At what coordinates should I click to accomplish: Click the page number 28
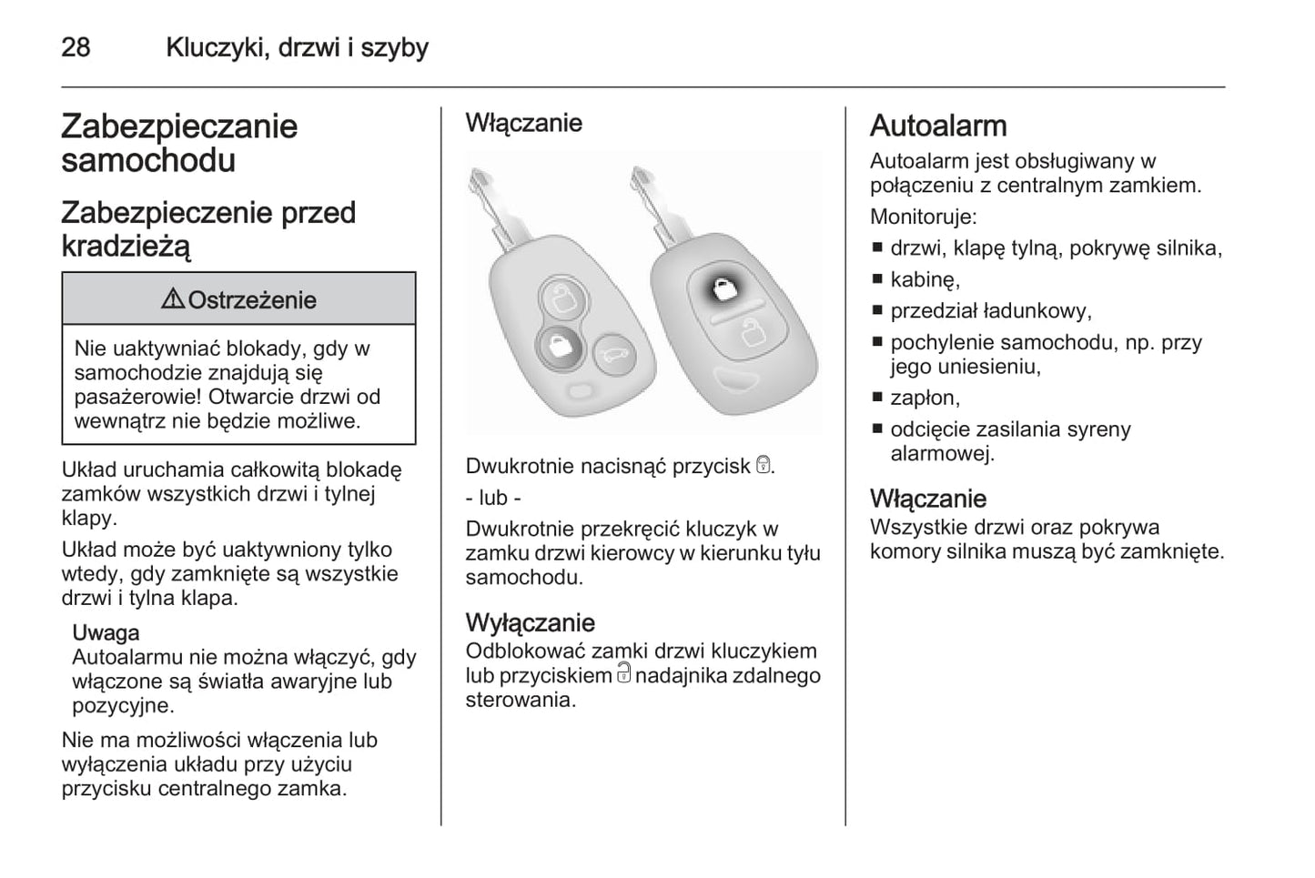point(76,47)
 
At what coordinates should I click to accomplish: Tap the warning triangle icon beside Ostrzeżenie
point(173,299)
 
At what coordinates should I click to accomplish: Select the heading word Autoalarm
point(938,126)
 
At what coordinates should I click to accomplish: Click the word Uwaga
point(106,632)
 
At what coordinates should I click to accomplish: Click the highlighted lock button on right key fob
point(723,289)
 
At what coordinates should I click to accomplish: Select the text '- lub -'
point(492,498)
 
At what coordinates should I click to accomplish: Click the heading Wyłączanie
point(530,622)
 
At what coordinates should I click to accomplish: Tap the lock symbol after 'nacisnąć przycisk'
point(764,466)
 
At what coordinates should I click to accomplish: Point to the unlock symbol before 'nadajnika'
point(623,673)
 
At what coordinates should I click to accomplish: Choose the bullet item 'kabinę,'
point(925,279)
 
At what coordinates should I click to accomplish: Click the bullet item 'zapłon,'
point(925,398)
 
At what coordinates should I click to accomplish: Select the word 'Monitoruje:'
point(923,217)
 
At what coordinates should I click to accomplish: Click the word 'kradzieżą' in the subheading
point(126,246)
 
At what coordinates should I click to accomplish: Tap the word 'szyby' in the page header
point(394,47)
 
